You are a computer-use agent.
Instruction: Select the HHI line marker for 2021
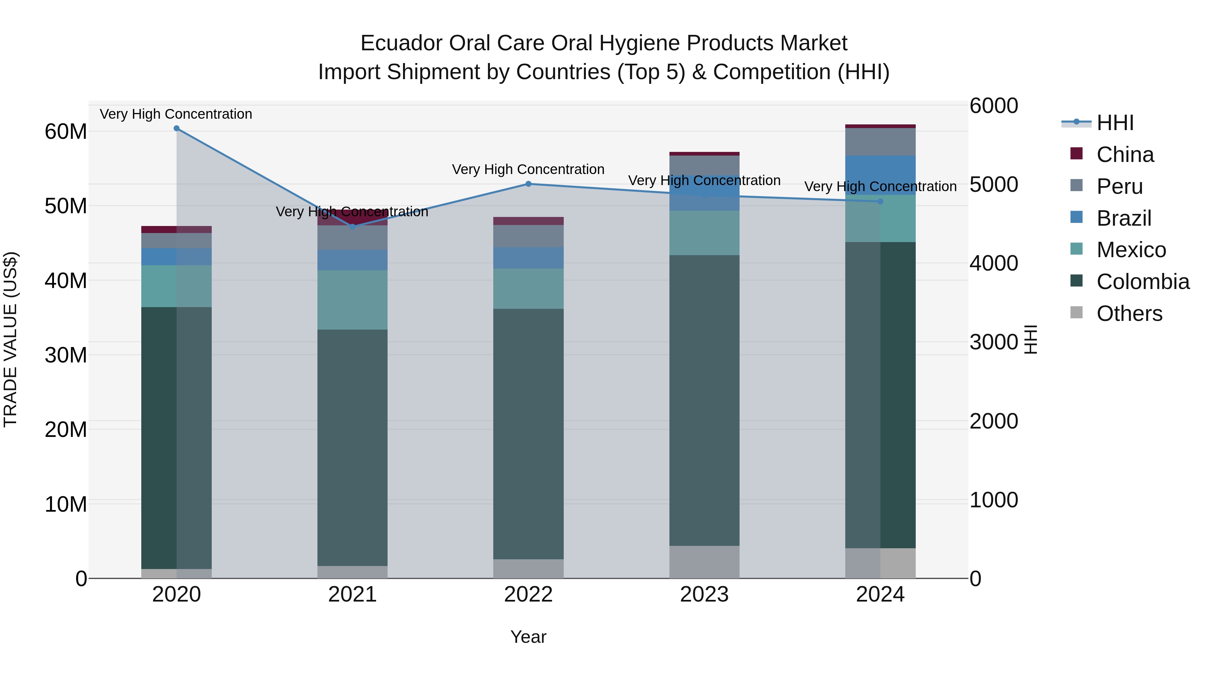(353, 227)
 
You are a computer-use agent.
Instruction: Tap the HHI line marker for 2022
(528, 184)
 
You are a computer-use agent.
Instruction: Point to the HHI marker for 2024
(880, 202)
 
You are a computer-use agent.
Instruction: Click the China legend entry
(1124, 155)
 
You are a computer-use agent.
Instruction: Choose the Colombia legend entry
(1142, 282)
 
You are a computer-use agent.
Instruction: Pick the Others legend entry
(1129, 314)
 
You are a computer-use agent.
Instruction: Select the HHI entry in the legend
(1115, 123)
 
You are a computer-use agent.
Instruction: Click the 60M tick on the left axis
(66, 132)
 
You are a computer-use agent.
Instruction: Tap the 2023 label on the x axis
(704, 595)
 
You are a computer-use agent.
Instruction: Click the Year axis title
(528, 637)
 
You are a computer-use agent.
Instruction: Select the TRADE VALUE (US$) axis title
(10, 339)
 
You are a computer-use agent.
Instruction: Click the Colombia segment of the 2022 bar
(528, 434)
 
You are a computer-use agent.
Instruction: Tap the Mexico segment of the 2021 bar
(353, 300)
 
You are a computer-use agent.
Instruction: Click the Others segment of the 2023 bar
(704, 562)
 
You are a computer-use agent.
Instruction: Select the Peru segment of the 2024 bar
(880, 142)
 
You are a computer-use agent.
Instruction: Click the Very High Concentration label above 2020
(176, 114)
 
